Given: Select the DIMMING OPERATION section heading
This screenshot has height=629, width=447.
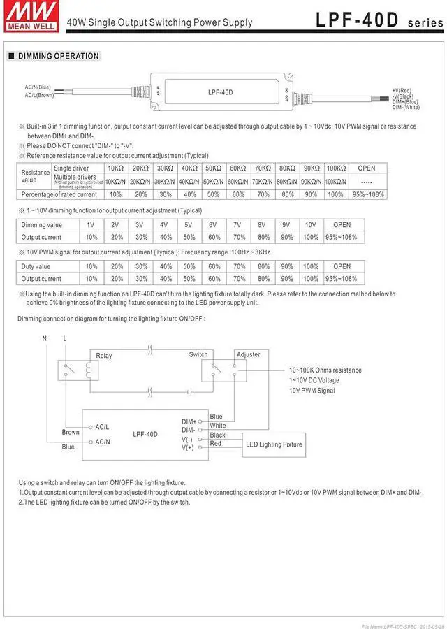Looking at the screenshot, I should pos(58,56).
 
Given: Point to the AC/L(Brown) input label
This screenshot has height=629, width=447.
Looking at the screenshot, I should pos(40,95).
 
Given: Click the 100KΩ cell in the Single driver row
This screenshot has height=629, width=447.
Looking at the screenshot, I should pos(335,168).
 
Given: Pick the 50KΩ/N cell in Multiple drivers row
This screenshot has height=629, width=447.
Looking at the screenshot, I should pos(212,181).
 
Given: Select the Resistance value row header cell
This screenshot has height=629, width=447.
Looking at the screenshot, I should pos(35,175).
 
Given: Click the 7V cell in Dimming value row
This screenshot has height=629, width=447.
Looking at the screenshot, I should pos(237,225).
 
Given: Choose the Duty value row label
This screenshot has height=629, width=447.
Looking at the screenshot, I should pos(36,266).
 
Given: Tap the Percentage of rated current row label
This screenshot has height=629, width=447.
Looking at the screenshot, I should pos(59,194).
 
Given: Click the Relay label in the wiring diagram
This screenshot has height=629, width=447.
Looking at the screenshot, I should pos(103,356).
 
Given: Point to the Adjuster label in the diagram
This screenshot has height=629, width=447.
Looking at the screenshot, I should pos(248,354).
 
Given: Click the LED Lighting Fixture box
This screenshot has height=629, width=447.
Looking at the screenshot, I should pos(274,444).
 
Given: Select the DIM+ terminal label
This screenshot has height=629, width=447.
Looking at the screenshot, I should pos(189,421).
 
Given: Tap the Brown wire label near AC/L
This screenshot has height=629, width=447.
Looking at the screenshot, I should pos(71,433).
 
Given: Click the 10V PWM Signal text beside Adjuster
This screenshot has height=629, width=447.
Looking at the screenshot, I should pos(312,391).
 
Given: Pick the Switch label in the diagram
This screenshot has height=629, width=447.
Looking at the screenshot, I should pos(198,354).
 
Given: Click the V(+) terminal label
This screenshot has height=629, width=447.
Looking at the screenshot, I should pos(188,447).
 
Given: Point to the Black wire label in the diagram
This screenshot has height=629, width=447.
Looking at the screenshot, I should pos(217,435).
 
